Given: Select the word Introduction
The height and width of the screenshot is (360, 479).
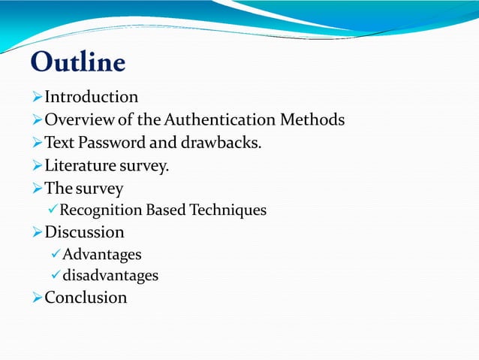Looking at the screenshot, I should [92, 97].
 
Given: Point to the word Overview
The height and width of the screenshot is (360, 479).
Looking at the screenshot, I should [77, 119].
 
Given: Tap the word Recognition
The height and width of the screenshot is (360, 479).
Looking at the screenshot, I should [101, 210].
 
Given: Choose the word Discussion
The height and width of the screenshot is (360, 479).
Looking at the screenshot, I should [85, 232].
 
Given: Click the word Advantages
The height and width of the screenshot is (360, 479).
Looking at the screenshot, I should [102, 255].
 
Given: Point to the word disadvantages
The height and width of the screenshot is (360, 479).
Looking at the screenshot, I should [110, 276].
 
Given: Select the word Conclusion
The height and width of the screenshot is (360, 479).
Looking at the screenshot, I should [86, 298].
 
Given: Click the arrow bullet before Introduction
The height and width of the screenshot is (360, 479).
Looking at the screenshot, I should [38, 98].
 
